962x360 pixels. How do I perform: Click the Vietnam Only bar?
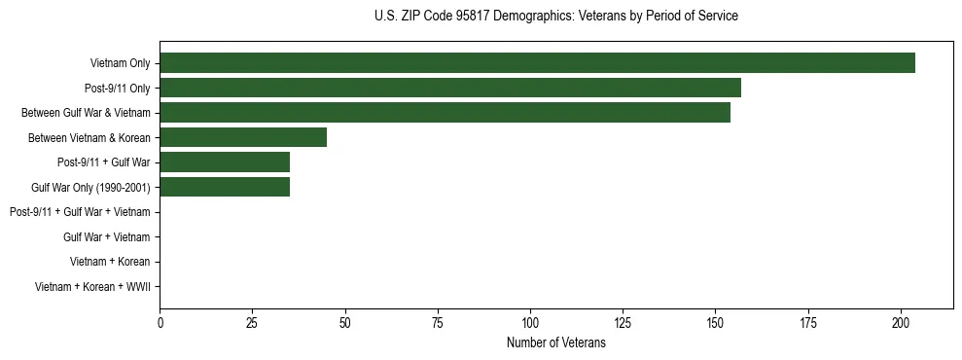(x=537, y=63)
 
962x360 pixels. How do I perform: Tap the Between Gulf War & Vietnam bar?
(x=445, y=113)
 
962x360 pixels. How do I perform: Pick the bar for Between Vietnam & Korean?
(x=243, y=137)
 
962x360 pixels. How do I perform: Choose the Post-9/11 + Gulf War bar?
(x=225, y=162)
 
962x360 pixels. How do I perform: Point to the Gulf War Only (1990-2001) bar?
(x=225, y=187)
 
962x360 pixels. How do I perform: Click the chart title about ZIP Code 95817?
(x=555, y=17)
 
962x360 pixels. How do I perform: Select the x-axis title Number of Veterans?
(x=555, y=343)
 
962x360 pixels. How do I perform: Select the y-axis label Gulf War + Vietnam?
(x=106, y=237)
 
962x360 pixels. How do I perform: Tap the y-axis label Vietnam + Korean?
(x=110, y=262)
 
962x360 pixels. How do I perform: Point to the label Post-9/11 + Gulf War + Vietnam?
(x=80, y=212)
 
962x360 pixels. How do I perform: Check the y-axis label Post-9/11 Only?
(x=117, y=89)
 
